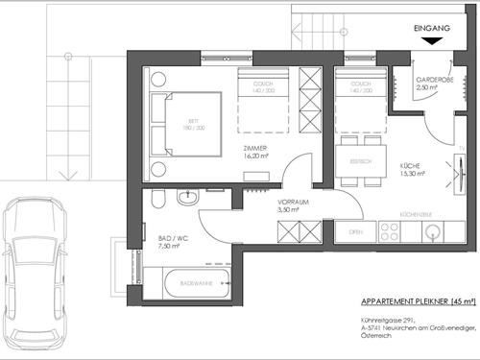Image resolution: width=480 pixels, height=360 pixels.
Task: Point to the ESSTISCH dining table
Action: [x=360, y=163]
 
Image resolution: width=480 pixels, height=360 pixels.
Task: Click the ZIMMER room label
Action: [x=254, y=150]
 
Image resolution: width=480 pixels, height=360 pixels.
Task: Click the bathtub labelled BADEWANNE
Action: [x=197, y=284]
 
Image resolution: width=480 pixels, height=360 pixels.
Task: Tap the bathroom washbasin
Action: [x=190, y=198]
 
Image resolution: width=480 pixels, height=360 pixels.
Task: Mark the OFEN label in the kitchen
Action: [x=355, y=232]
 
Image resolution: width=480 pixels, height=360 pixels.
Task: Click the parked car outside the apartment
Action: [x=36, y=274]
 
